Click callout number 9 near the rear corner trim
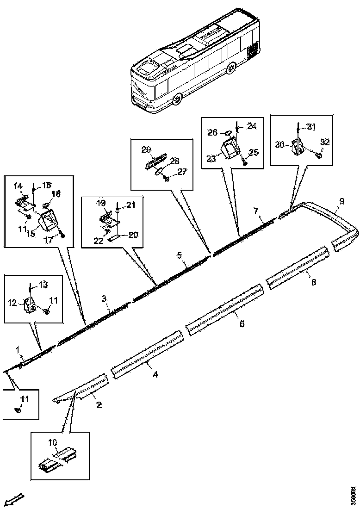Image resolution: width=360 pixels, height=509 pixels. point(341,201)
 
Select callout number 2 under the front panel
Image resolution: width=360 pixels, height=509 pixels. point(99,405)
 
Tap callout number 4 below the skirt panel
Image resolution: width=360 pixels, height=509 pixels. point(155,374)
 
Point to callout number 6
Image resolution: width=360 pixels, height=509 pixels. point(242,324)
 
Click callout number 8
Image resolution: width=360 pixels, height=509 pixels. point(313,282)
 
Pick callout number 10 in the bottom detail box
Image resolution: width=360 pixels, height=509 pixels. point(53,442)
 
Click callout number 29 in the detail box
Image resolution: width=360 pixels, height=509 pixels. point(146,149)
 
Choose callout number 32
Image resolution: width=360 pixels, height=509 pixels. point(325,143)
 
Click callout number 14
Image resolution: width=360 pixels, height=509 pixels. point(18,186)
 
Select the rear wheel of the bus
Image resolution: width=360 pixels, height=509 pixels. point(231,69)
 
